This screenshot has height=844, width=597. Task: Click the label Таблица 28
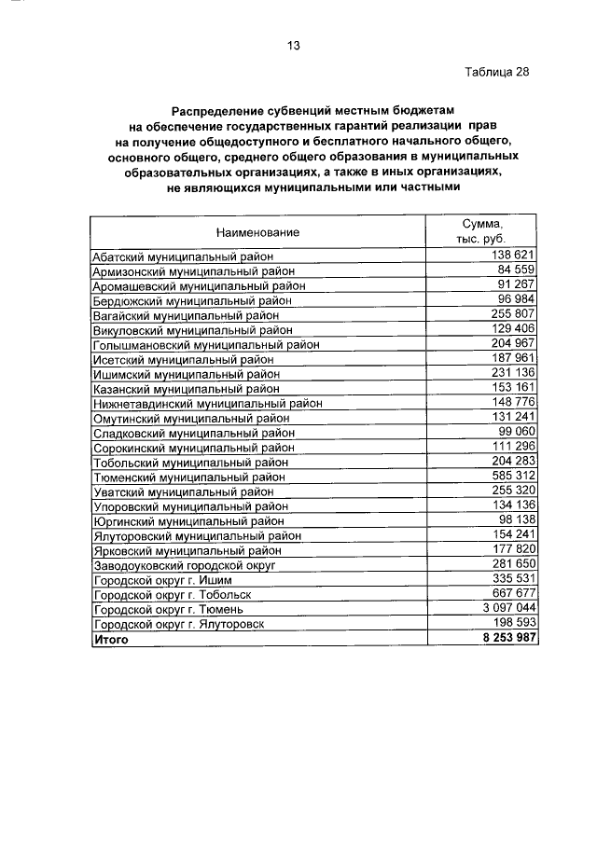point(495,72)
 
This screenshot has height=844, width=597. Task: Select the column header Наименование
point(257,231)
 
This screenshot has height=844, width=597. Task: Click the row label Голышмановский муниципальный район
point(206,345)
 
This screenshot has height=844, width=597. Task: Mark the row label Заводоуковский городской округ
point(188,565)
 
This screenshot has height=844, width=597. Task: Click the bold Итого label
point(109,640)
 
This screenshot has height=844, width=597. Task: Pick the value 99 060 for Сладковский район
point(512,432)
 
